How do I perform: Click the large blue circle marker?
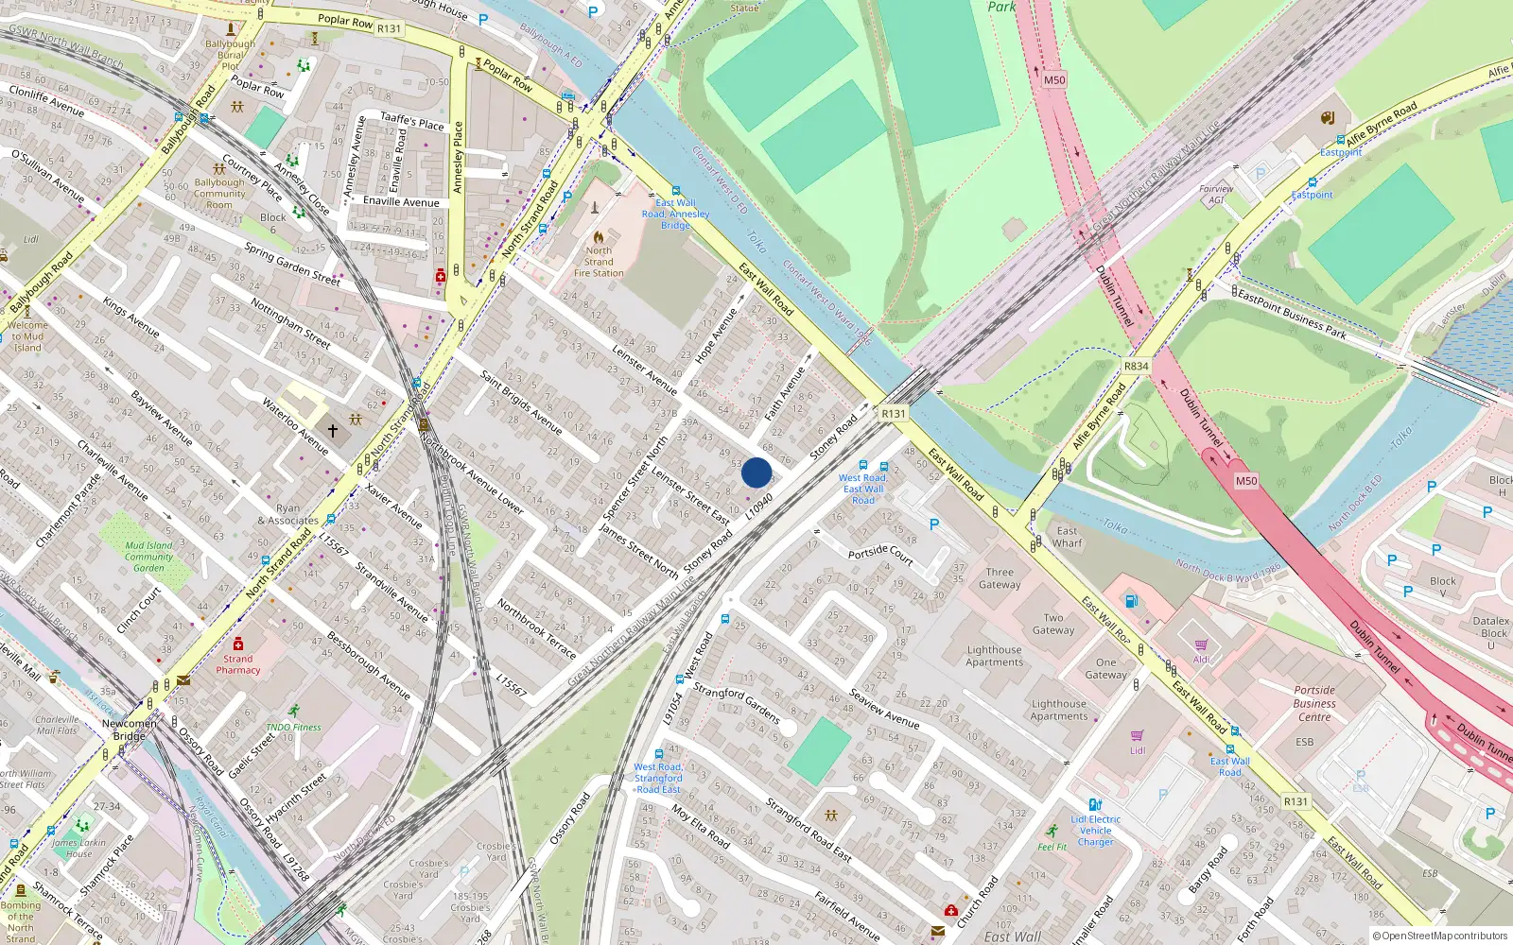(756, 472)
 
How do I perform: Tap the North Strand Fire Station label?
(599, 262)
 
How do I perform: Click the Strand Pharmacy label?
(238, 664)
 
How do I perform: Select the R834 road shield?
(1136, 367)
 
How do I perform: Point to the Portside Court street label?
(880, 555)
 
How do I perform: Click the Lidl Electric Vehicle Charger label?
(1095, 831)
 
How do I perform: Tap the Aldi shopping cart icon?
(1201, 644)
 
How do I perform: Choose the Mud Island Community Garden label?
(148, 557)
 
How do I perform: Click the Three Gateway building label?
(1000, 578)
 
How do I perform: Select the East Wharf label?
(1067, 537)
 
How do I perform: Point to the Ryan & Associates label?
(288, 514)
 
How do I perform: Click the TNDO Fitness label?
(293, 727)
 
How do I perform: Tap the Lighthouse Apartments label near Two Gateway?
(994, 656)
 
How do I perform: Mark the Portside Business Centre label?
(1314, 703)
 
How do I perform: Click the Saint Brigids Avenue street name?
(520, 402)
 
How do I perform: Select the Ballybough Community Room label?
(219, 194)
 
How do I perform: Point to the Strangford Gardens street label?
(737, 704)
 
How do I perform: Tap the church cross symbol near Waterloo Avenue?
(333, 431)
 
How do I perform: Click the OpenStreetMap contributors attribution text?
(1439, 936)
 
